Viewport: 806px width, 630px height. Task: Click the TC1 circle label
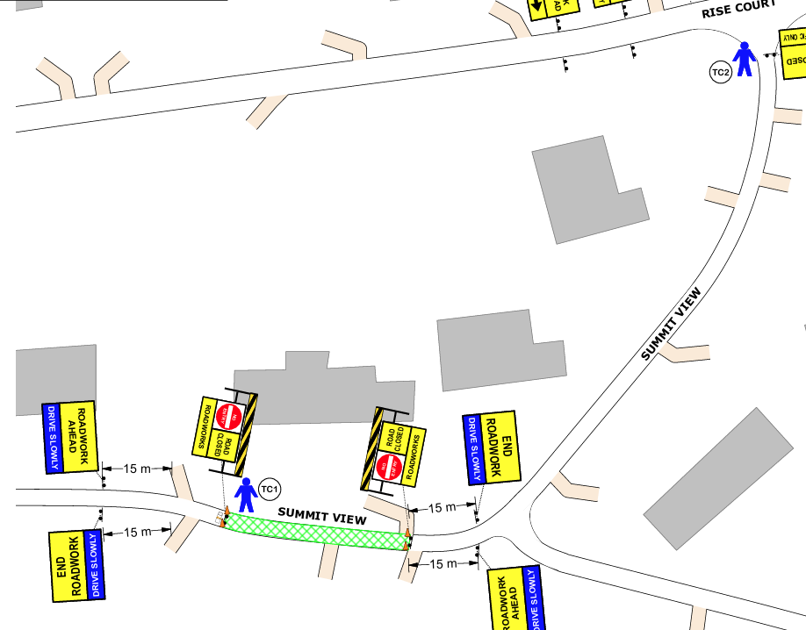(270, 489)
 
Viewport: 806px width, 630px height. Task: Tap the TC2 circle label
(720, 72)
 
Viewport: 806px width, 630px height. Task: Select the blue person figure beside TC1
(245, 496)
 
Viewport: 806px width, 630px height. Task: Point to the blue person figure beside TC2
(745, 59)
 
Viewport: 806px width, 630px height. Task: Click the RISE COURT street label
(739, 10)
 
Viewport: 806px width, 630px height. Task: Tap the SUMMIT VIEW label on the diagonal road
(672, 325)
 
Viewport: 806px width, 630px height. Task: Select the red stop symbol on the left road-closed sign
(227, 415)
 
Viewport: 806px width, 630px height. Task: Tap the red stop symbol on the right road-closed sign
(388, 467)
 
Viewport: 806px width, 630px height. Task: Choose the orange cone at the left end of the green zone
(226, 512)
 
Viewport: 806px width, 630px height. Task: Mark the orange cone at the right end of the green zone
(407, 533)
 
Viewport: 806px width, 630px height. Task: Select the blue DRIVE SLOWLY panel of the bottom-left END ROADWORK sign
(95, 565)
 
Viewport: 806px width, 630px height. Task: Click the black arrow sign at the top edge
(537, 8)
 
